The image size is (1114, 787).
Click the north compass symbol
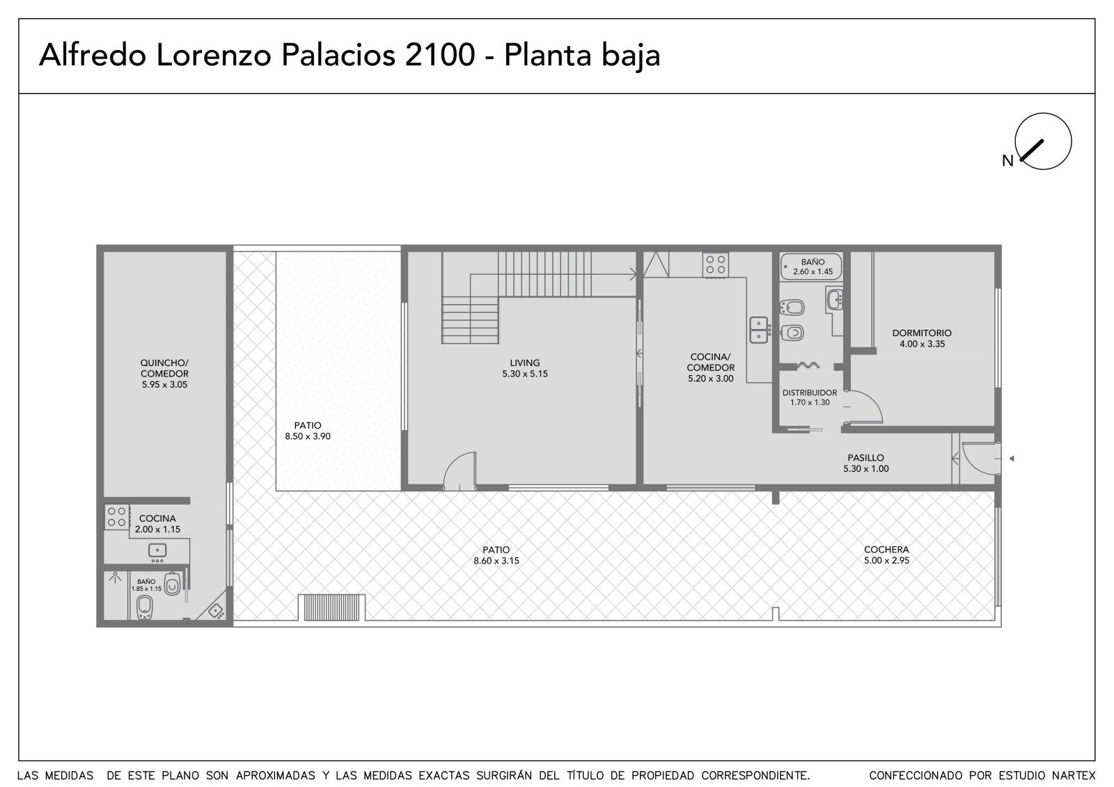[x=1043, y=141]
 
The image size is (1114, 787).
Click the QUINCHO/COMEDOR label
[x=164, y=374]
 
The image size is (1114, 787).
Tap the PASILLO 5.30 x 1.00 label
[x=866, y=463]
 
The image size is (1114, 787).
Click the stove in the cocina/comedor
[x=715, y=265]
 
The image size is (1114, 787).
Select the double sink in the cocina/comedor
[x=760, y=330]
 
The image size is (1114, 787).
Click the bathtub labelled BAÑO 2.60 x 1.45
[x=811, y=267]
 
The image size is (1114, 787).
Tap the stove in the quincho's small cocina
[x=116, y=517]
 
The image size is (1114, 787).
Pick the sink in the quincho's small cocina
[x=157, y=551]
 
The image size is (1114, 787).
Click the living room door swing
[x=459, y=470]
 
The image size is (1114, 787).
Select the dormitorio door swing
[x=865, y=407]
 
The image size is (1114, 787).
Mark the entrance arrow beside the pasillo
[x=1011, y=459]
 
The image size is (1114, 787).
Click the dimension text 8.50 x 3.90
[x=307, y=436]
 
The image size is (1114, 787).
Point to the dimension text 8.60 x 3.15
[x=496, y=561]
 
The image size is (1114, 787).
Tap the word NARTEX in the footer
[x=1074, y=776]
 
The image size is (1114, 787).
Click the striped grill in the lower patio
[x=331, y=607]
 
